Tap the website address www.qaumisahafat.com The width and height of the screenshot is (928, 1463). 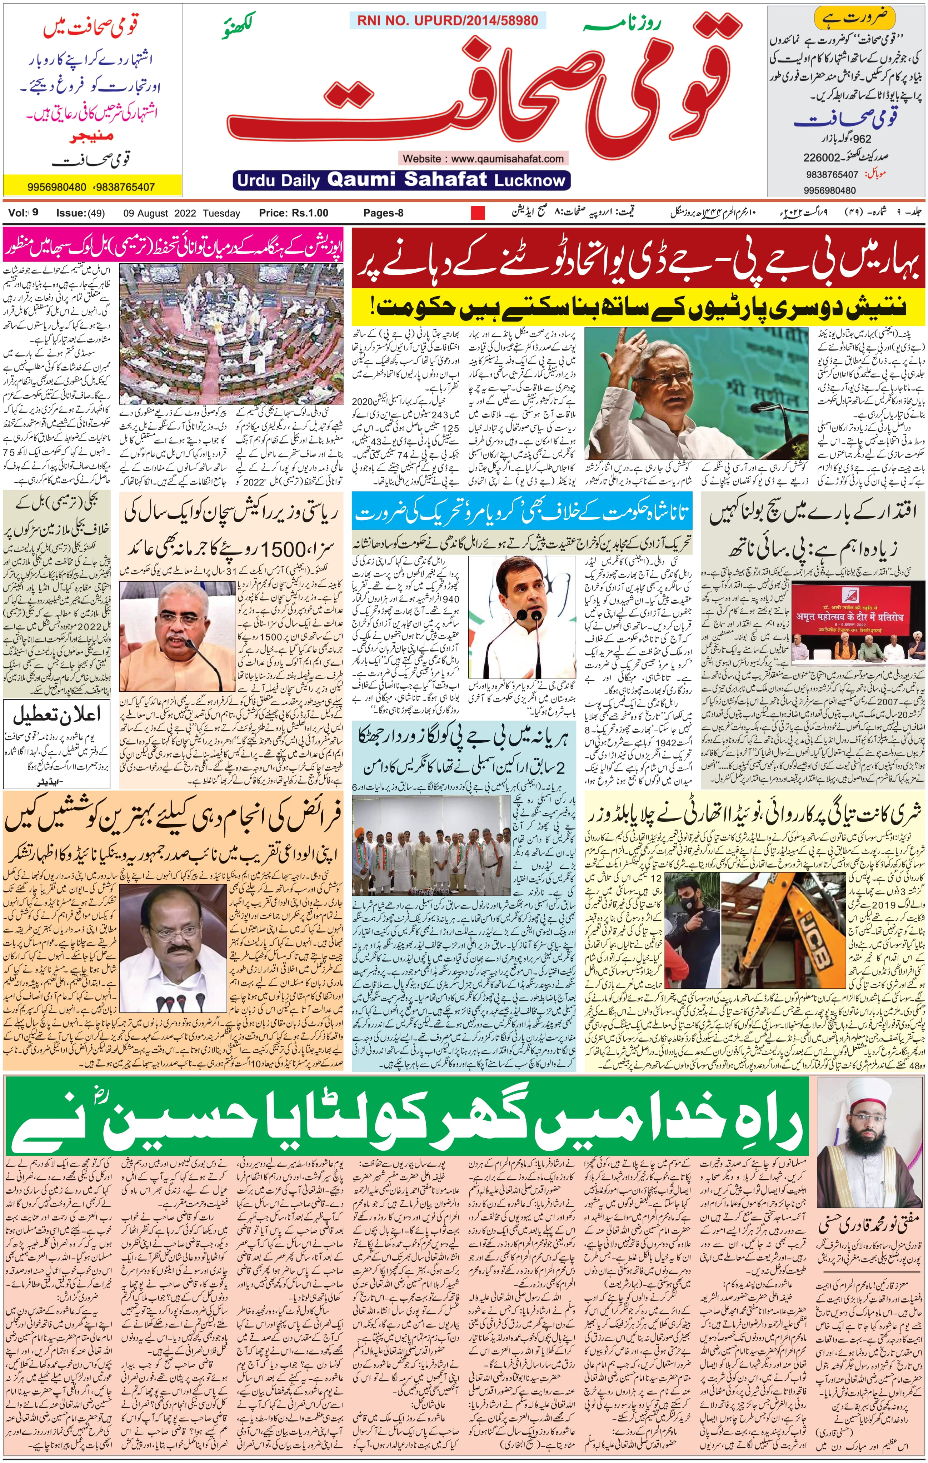[507, 159]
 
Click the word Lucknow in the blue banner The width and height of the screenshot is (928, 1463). [530, 180]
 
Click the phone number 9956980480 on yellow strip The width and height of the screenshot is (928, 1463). [56, 187]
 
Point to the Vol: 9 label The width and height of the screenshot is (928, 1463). [23, 213]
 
